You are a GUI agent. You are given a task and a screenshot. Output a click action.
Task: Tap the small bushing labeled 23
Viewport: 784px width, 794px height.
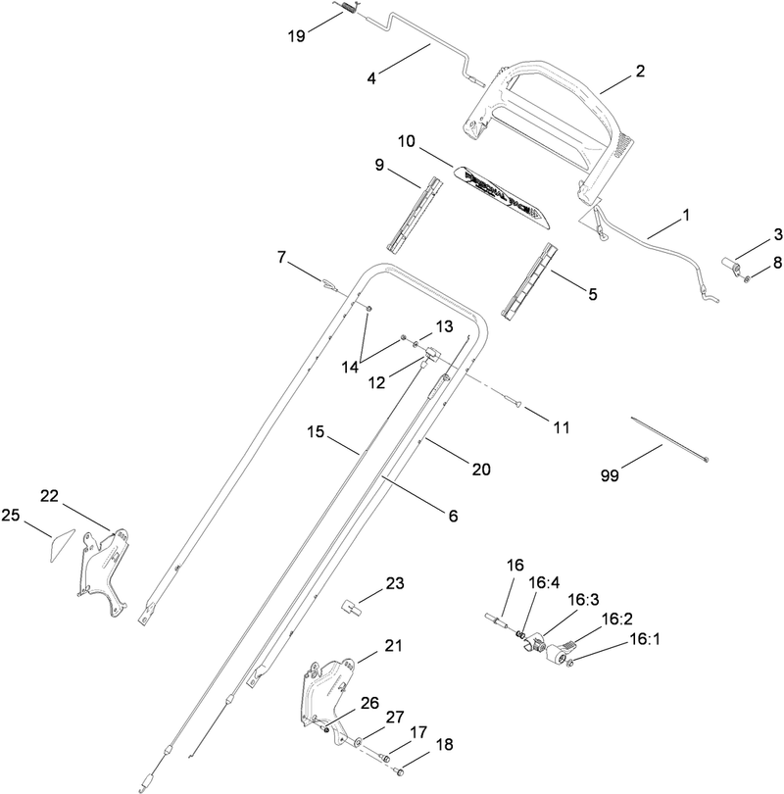click(353, 604)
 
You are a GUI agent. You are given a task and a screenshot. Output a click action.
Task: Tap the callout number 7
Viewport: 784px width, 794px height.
click(281, 257)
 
